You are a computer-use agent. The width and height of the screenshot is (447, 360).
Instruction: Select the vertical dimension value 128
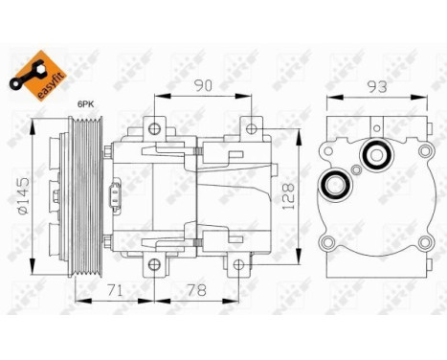(286, 197)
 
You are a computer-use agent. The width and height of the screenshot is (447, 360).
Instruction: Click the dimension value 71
(113, 288)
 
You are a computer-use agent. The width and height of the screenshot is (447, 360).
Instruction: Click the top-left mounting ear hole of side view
(153, 126)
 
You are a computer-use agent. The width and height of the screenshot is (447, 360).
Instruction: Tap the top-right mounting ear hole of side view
(250, 126)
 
